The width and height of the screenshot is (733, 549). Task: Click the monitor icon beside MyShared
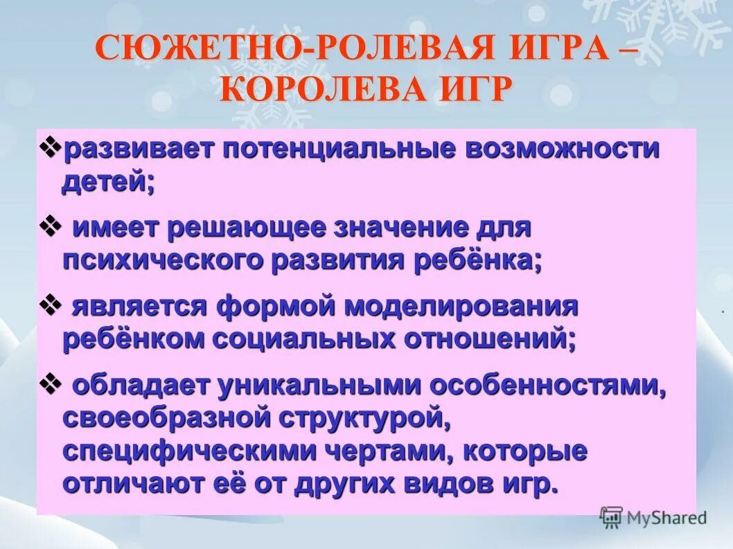(611, 517)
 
